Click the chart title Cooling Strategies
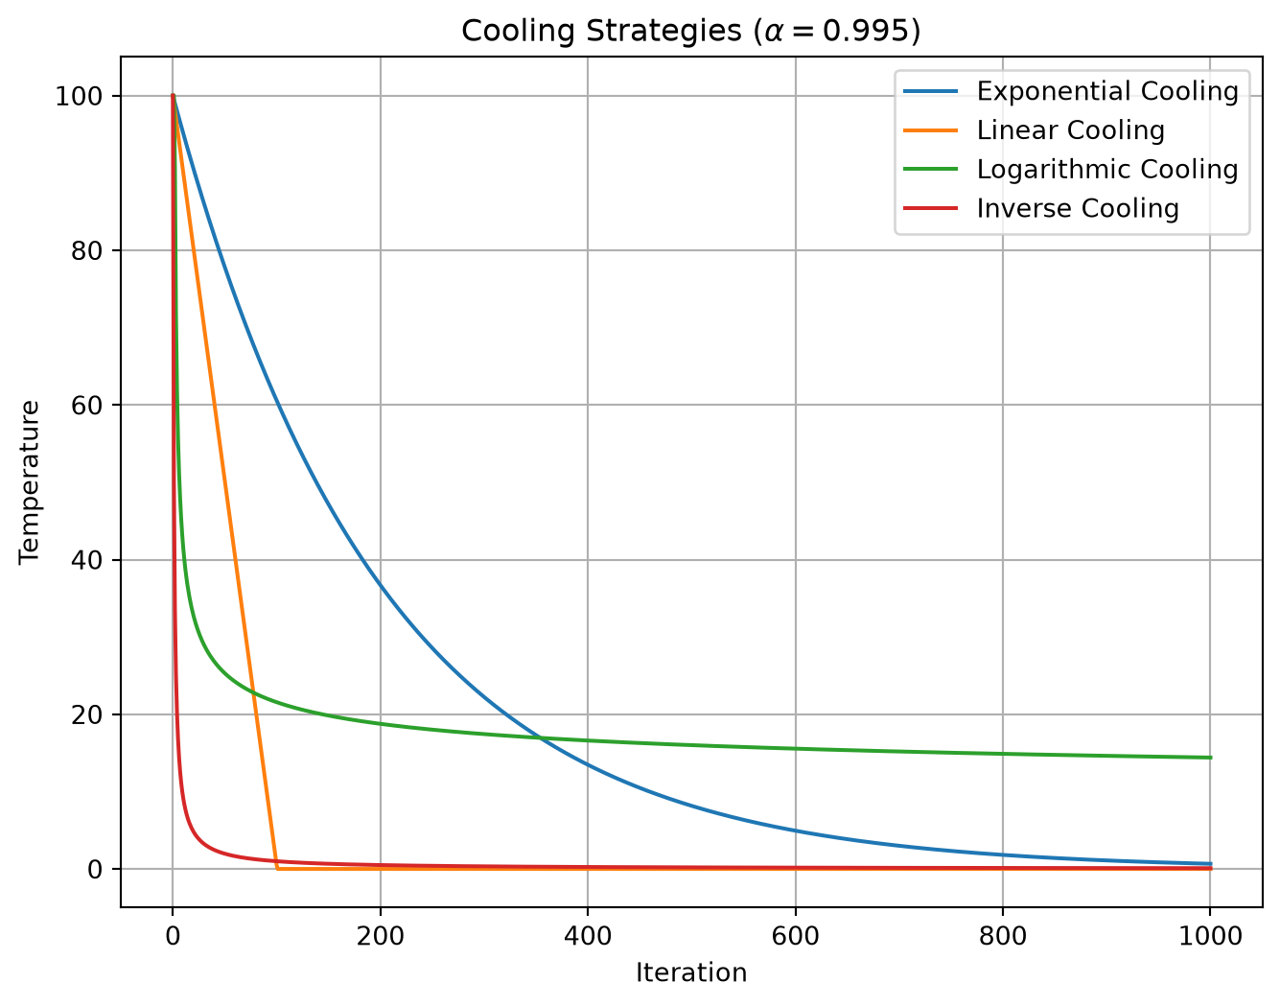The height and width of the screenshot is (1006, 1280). pos(601,31)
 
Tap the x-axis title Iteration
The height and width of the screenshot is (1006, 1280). pos(691,972)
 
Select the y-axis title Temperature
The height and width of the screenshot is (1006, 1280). pos(29,482)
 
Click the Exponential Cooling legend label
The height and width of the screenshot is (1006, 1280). pos(1107,91)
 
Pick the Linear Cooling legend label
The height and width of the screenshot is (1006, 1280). pos(1070,130)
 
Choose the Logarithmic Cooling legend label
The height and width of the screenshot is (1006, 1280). pos(1107,170)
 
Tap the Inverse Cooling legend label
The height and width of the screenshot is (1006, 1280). pos(1078,208)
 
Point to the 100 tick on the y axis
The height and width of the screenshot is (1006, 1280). pos(79,96)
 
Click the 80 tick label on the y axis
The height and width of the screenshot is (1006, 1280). pos(87,251)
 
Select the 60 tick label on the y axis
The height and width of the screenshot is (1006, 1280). pos(87,406)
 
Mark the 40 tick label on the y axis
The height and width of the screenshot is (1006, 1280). pos(87,560)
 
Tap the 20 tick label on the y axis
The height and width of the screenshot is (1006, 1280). pos(87,715)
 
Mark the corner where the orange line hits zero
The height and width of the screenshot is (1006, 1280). pos(277,868)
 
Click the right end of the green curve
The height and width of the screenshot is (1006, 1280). pos(1211,758)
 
